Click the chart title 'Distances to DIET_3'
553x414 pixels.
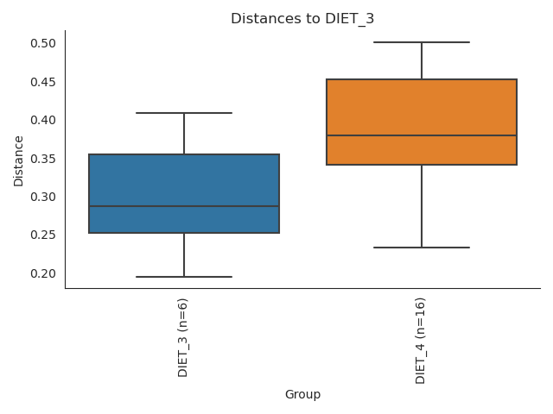pyautogui.click(x=302, y=19)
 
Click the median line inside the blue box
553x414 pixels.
pyautogui.click(x=184, y=206)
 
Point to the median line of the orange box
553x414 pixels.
pyautogui.click(x=422, y=135)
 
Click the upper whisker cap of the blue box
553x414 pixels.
pyautogui.click(x=184, y=113)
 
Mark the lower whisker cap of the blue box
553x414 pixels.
pyautogui.click(x=184, y=277)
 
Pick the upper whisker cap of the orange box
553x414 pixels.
pyautogui.click(x=422, y=42)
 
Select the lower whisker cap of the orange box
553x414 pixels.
pyautogui.click(x=422, y=248)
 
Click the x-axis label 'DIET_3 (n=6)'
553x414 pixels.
pyautogui.click(x=183, y=337)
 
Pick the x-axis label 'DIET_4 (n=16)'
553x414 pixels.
pyautogui.click(x=421, y=340)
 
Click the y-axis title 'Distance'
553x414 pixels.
pyautogui.click(x=19, y=160)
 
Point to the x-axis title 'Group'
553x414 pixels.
pyautogui.click(x=302, y=395)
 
